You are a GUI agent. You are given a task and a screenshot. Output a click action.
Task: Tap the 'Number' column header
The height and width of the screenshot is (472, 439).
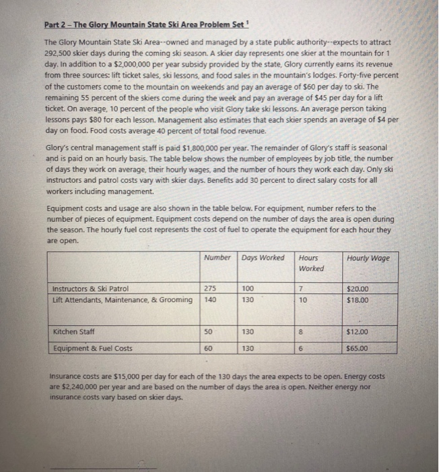217,258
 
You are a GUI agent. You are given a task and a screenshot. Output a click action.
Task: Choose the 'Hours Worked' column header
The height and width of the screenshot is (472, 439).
310,263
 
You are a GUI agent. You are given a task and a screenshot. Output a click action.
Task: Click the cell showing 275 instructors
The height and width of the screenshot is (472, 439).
210,289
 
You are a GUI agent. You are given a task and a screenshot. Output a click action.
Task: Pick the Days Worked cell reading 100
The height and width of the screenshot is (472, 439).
249,289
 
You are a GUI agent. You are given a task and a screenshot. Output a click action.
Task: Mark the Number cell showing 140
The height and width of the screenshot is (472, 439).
210,299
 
